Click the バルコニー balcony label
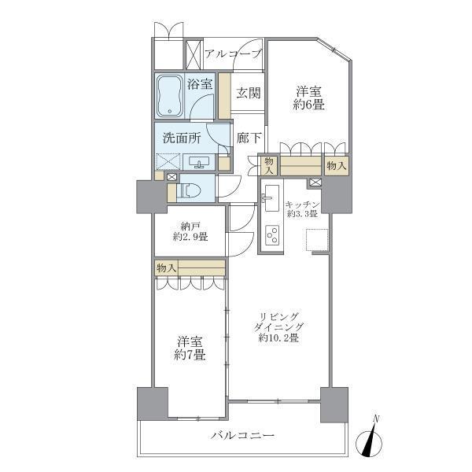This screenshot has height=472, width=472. click(x=242, y=435)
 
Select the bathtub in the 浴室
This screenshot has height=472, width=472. click(x=170, y=95)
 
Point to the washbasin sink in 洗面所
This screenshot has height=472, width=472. click(x=199, y=163)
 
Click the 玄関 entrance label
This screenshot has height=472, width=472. click(x=249, y=93)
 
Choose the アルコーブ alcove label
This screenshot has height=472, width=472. click(x=233, y=53)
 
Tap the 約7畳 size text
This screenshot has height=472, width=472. click(x=190, y=355)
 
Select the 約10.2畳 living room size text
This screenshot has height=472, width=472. click(x=278, y=338)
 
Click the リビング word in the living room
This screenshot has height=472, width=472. click(x=278, y=315)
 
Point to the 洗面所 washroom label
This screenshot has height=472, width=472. click(x=182, y=138)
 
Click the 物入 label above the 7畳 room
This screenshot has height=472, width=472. click(x=166, y=268)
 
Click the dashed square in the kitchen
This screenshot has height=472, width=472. click(x=318, y=240)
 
